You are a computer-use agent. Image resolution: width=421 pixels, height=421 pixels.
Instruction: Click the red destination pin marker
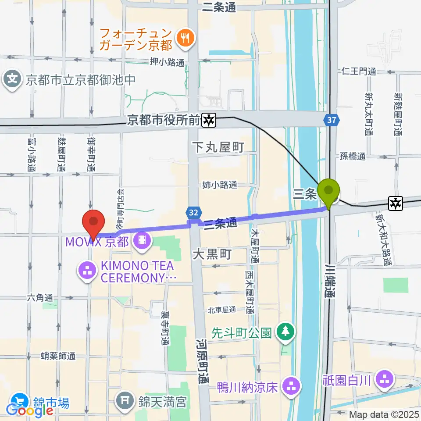(93, 222)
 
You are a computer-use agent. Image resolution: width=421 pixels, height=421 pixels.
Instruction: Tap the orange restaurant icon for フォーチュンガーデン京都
(183, 39)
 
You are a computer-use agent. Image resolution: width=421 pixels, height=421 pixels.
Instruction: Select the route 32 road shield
(194, 212)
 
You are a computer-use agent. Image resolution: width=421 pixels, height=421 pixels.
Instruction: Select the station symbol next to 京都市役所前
(209, 119)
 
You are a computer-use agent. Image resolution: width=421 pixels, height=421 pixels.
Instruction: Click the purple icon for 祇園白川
(385, 379)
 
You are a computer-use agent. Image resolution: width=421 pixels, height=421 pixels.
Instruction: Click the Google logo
(30, 410)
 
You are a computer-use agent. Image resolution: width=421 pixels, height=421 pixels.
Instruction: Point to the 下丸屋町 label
(218, 147)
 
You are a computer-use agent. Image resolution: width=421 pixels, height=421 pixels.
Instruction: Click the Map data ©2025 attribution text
(384, 414)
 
